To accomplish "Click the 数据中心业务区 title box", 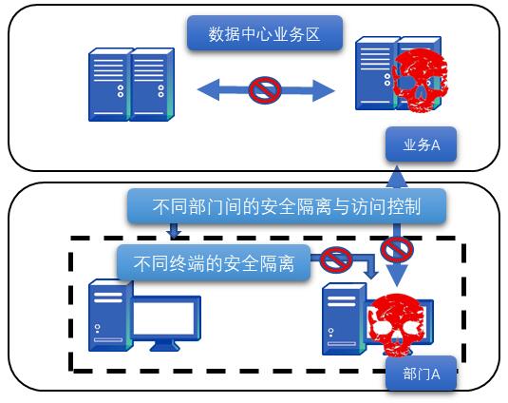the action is pos(265,33).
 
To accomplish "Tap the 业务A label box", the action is pos(421,144).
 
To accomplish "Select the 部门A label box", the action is pos(421,374).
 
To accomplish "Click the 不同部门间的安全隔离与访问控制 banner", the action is pos(287,206).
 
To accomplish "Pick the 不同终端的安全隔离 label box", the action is pos(214,262).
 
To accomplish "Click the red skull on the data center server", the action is pos(420,80).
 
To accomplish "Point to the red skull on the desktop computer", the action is pos(396,325).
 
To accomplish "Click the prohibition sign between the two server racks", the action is pos(265,90).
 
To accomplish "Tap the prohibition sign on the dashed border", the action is pos(397,250).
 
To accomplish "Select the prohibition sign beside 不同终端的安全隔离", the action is pos(336,259).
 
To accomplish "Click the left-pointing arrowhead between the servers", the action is pos(209,89).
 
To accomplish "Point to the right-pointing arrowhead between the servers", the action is pos(324,90).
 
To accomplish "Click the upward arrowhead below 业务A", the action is pos(397,177).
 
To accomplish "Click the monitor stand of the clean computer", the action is pos(165,346).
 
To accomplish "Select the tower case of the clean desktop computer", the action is pos(110,316).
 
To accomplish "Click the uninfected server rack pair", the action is pos(131,85).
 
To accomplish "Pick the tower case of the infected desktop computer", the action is pos(345,319).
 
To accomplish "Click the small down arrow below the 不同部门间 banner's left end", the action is pos(174,230).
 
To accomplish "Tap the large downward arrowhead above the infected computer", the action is pos(397,276).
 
